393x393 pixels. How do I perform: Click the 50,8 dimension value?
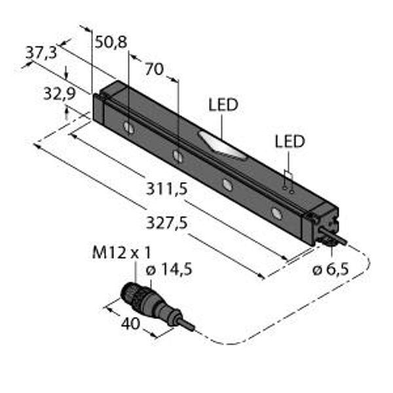pyautogui.click(x=111, y=42)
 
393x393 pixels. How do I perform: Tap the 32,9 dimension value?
pyautogui.click(x=60, y=94)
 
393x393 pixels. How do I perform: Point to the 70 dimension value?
pyautogui.click(x=155, y=69)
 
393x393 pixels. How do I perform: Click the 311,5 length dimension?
pyautogui.click(x=166, y=189)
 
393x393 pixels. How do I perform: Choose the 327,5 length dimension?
pyautogui.click(x=166, y=223)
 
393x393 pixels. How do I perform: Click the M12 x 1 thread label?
pyautogui.click(x=122, y=252)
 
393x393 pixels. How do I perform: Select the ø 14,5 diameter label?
pyautogui.click(x=169, y=270)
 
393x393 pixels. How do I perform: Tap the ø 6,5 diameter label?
pyautogui.click(x=331, y=270)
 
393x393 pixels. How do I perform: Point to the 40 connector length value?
pyautogui.click(x=130, y=324)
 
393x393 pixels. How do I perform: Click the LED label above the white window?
pyautogui.click(x=223, y=105)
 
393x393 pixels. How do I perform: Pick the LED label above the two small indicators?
pyautogui.click(x=290, y=141)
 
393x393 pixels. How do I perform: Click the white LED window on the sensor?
pyautogui.click(x=221, y=145)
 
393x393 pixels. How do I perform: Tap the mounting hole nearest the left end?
pyautogui.click(x=129, y=128)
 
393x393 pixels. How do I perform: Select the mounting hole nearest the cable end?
pyautogui.click(x=276, y=214)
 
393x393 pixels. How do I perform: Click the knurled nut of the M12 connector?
pyautogui.click(x=130, y=294)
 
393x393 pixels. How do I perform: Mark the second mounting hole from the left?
pyautogui.click(x=178, y=155)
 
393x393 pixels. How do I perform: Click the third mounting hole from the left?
pyautogui.click(x=227, y=185)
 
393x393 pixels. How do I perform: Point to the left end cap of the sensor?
pyautogui.click(x=98, y=108)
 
